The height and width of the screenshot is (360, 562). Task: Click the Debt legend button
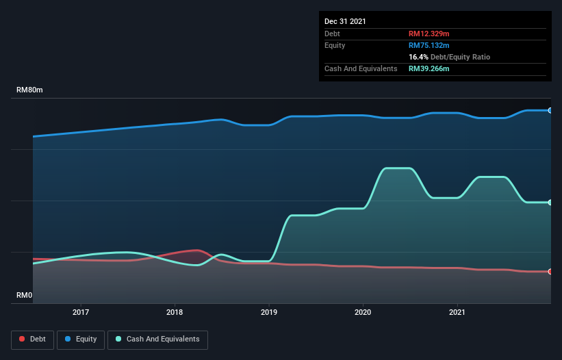coord(31,339)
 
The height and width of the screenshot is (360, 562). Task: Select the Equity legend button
coord(81,339)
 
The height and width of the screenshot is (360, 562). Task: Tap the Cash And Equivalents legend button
coord(157,339)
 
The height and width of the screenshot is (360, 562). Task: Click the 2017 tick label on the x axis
coord(81,312)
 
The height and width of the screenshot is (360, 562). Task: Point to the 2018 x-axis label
coord(175,312)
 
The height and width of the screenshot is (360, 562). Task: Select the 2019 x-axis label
coord(269,312)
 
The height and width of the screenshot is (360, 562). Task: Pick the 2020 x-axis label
coord(363,312)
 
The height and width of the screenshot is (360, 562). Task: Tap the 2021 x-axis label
coord(457,312)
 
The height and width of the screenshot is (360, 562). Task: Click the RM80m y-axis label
coord(30,90)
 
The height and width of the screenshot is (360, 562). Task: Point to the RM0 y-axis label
coord(25,296)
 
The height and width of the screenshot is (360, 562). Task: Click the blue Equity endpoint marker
coord(550,110)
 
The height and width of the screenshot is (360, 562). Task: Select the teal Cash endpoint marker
coord(550,202)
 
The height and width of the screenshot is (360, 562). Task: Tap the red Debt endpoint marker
coord(550,272)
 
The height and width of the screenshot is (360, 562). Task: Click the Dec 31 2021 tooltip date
coord(346,21)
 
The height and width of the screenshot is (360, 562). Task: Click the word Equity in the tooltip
coord(335,45)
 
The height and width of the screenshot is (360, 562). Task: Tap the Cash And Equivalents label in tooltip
coord(361,68)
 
